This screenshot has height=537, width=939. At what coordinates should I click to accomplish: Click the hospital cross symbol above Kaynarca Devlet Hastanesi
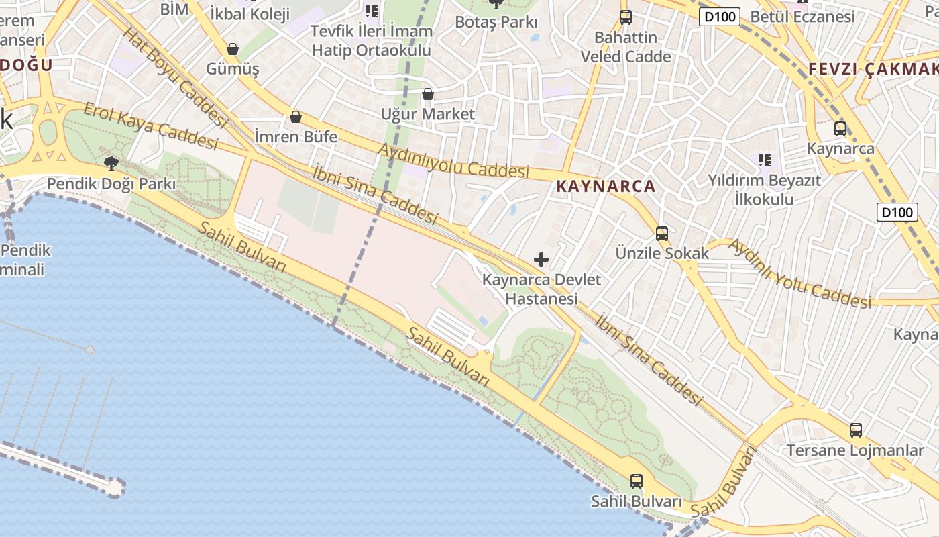pyautogui.click(x=541, y=259)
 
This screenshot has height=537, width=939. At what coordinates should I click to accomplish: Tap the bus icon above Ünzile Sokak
pyautogui.click(x=662, y=233)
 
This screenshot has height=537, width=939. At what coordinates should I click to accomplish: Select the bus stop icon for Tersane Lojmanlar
pyautogui.click(x=855, y=430)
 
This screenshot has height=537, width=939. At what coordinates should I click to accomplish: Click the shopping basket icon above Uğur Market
pyautogui.click(x=428, y=94)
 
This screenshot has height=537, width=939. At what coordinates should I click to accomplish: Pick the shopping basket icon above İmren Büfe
pyautogui.click(x=296, y=117)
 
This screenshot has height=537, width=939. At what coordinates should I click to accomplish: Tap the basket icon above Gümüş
pyautogui.click(x=233, y=49)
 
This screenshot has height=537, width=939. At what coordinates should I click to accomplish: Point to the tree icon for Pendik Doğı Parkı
pyautogui.click(x=111, y=162)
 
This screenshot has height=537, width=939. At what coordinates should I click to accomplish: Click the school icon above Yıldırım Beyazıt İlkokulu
pyautogui.click(x=764, y=160)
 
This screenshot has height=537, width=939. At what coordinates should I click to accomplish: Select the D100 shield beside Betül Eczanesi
pyautogui.click(x=719, y=17)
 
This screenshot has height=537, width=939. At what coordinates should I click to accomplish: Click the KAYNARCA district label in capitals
pyautogui.click(x=606, y=186)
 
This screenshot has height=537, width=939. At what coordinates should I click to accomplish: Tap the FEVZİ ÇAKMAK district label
pyautogui.click(x=873, y=68)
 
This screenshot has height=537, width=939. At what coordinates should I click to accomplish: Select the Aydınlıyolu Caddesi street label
pyautogui.click(x=453, y=160)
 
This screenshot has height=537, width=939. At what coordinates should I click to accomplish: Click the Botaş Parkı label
pyautogui.click(x=496, y=22)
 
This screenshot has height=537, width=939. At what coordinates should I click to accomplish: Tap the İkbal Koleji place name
pyautogui.click(x=250, y=14)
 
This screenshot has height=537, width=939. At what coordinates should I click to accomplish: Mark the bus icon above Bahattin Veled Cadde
pyautogui.click(x=625, y=17)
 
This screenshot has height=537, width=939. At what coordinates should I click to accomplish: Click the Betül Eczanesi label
pyautogui.click(x=803, y=16)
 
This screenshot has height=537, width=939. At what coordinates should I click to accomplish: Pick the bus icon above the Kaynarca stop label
pyautogui.click(x=840, y=128)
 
